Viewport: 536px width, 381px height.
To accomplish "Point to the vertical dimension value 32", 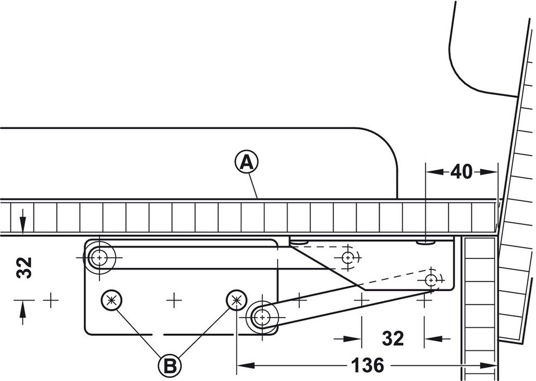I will [23, 267].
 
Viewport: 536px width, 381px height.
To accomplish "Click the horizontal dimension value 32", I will [393, 338].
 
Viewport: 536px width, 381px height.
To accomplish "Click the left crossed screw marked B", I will [112, 300].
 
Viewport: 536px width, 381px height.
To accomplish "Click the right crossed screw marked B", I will [236, 300].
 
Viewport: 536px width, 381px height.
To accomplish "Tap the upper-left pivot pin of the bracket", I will [100, 258].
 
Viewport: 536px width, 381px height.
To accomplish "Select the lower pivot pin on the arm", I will [261, 317].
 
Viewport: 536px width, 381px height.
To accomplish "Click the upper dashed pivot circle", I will [348, 257].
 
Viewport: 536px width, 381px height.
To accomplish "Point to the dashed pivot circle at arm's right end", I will [431, 279].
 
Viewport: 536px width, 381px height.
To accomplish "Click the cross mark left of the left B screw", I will [51, 300].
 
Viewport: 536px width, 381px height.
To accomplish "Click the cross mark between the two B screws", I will [174, 300].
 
